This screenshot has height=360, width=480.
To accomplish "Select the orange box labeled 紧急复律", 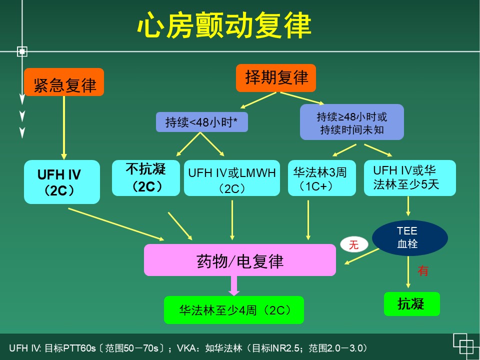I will pos(64,82).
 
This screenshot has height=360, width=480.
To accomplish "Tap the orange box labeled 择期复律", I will pos(276,78).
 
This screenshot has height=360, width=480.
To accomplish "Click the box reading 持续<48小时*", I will pos(202,122).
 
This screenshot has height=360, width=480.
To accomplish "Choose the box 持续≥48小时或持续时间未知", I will pos(351,122).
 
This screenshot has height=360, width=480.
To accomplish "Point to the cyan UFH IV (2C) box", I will pos(62,182).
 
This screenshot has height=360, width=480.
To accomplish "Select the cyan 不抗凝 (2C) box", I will pos(145,177).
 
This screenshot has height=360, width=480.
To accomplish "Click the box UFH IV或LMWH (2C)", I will pos(232,178).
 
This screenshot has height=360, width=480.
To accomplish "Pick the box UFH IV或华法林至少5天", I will pos(409,177).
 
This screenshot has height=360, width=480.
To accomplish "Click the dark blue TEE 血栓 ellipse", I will pos(410,237).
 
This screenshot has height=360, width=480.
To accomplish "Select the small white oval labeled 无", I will pos(353,244).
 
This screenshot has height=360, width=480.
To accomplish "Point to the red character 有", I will pos(423,271).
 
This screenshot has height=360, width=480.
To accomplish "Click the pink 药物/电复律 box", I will pos(239,260).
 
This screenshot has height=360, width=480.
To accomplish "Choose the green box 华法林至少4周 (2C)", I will pos(234,310).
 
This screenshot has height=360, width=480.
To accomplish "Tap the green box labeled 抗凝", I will pos(411,303).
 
